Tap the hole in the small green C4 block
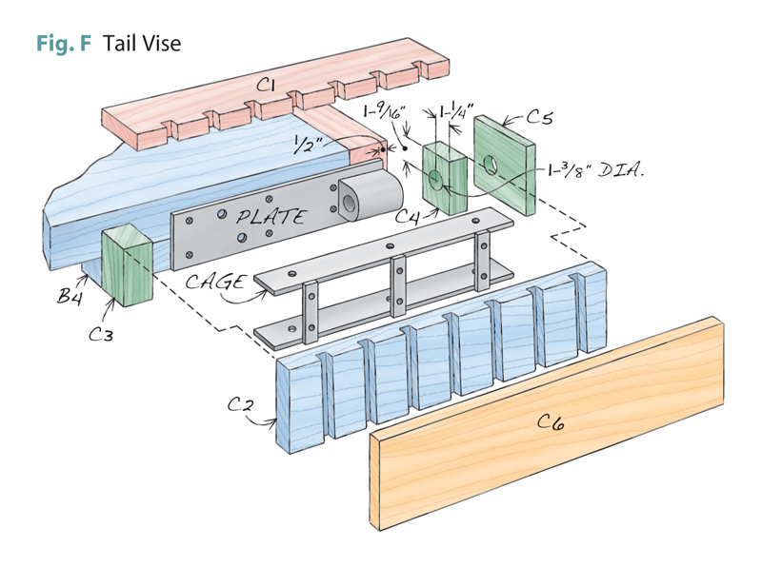(435, 180)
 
